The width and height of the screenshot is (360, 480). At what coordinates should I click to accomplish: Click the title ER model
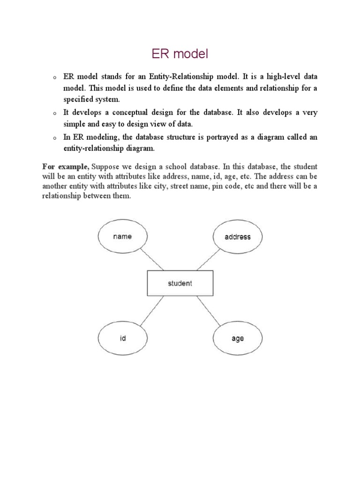pyautogui.click(x=180, y=55)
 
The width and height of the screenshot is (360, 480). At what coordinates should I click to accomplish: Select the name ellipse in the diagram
pyautogui.click(x=122, y=236)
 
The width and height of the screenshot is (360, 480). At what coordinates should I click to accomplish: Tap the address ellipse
pyautogui.click(x=237, y=237)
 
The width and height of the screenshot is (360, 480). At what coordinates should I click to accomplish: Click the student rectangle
pyautogui.click(x=180, y=283)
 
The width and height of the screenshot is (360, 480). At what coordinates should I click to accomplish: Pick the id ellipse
pyautogui.click(x=123, y=338)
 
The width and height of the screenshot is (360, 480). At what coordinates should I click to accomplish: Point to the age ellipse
pyautogui.click(x=238, y=338)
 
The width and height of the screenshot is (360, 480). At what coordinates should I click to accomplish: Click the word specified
pyautogui.click(x=81, y=99)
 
